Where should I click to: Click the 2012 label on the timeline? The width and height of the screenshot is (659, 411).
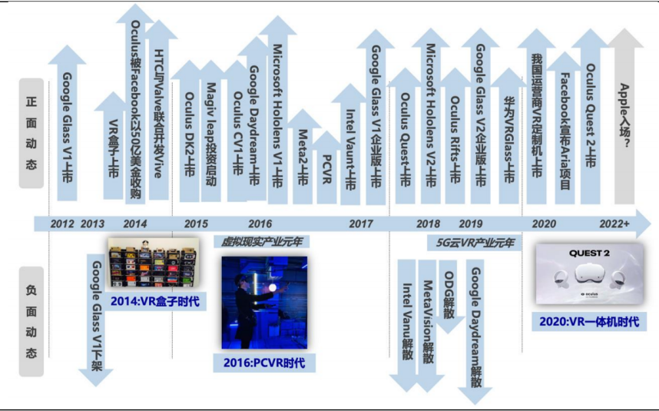coord(62,224)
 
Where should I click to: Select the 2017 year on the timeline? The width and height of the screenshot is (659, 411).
coord(361,224)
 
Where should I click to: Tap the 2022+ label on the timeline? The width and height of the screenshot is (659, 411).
coord(614,224)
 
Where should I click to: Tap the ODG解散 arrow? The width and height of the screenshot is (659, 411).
coord(450,296)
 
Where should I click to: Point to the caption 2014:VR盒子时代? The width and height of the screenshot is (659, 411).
coord(154,301)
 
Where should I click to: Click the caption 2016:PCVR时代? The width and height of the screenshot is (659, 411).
coord(263,362)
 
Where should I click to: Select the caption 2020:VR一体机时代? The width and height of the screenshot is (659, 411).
coord(589,320)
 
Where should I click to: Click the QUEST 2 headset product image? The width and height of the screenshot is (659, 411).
coord(589,274)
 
